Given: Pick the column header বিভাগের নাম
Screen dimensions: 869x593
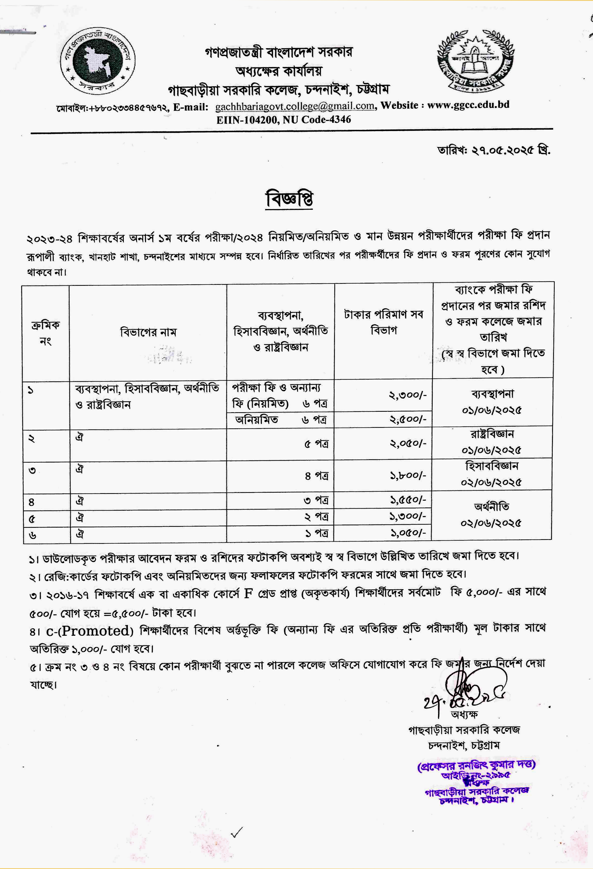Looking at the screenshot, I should [148, 332].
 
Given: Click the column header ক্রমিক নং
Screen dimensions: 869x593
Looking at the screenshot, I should [45, 333].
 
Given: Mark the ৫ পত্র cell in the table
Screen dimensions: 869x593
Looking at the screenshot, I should [316, 444].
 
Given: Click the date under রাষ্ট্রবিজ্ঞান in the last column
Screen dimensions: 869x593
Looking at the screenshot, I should [491, 450].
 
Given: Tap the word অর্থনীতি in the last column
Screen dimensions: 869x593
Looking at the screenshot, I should [491, 507].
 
